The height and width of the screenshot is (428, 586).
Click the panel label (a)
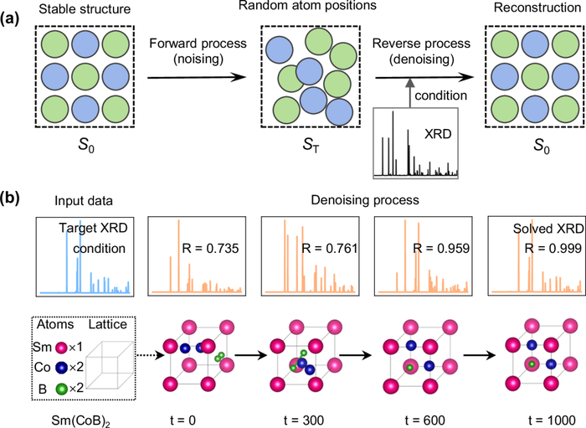point(9,18)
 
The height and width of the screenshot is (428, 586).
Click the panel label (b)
point(9,199)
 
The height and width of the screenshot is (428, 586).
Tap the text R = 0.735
point(210,248)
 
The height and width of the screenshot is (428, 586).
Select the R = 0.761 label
point(329,248)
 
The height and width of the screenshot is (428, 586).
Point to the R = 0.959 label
point(441,248)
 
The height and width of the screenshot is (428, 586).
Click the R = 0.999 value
point(553,248)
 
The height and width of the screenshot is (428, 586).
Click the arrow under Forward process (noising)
point(197,77)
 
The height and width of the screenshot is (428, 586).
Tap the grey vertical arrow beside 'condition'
point(409,93)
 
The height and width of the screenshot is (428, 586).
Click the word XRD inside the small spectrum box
point(438,133)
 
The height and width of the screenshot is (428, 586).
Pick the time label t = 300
point(303,420)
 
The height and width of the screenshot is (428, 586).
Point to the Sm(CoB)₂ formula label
point(80,421)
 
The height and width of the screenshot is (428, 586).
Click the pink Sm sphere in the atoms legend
point(61,348)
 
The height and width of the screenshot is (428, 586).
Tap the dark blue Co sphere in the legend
point(61,368)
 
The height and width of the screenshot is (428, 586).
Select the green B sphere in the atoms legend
point(61,389)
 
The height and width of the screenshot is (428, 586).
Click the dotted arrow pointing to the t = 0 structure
point(151,355)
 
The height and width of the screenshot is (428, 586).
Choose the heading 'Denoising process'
point(365,200)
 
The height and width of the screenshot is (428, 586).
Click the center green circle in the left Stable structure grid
point(85,77)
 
